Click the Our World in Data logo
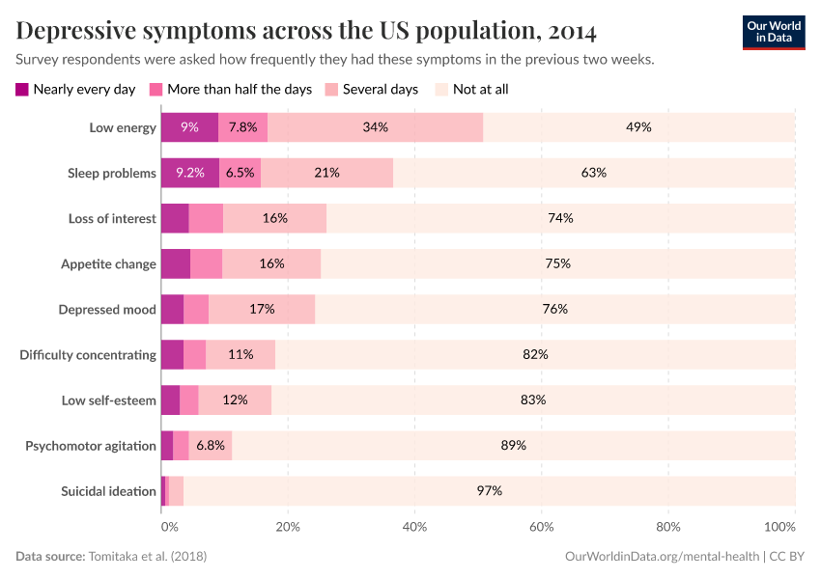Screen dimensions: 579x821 [x=773, y=32]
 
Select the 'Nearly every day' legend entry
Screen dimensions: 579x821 [x=75, y=90]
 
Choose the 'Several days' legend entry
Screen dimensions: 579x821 [x=373, y=90]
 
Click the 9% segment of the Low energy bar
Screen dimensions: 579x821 [x=189, y=127]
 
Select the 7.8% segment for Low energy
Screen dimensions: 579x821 [x=242, y=127]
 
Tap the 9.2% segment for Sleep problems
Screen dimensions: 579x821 [x=189, y=173]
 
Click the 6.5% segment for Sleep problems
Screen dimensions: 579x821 [x=240, y=173]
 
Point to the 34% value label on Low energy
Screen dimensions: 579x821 [x=375, y=127]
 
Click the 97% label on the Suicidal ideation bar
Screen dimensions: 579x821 [x=489, y=490]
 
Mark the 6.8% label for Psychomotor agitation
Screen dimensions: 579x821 [x=211, y=445]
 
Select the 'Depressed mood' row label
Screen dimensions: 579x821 [x=106, y=309]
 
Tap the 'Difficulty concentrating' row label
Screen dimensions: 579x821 [x=88, y=354]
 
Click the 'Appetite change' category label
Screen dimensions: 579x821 [x=108, y=263]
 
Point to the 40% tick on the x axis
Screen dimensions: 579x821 [x=414, y=527]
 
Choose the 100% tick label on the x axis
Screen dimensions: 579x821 [x=779, y=527]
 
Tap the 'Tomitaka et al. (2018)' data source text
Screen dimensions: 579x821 [x=148, y=557]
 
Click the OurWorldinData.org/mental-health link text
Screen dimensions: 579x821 [x=661, y=557]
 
